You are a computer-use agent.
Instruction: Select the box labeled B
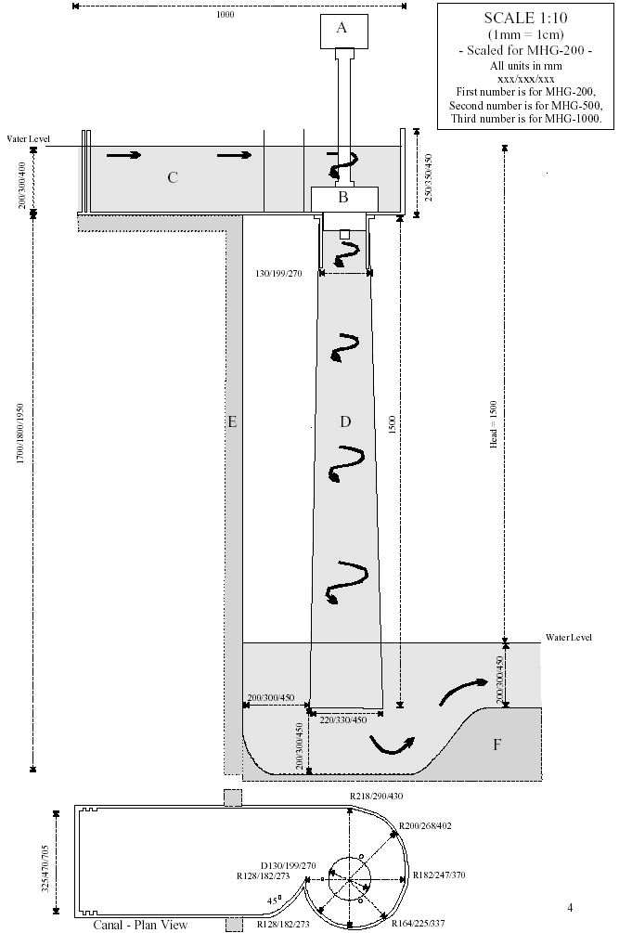tap(345, 199)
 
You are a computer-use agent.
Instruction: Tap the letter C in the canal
tap(173, 177)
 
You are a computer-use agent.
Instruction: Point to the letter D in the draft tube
tap(345, 421)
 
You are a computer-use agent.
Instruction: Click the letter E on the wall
tap(233, 421)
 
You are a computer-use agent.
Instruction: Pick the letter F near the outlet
tap(497, 745)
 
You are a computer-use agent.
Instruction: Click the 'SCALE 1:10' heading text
tap(525, 18)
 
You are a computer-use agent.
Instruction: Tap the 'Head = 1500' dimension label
tap(494, 424)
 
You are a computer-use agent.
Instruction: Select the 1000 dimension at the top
tap(226, 15)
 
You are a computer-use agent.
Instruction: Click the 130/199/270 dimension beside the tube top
tap(279, 274)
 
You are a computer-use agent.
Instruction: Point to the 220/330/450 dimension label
tap(343, 720)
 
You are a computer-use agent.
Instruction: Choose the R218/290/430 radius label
tap(377, 797)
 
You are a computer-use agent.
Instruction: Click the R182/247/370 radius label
tap(439, 875)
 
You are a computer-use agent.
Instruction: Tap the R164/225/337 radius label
tap(418, 924)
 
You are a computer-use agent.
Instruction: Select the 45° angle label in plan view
tap(274, 901)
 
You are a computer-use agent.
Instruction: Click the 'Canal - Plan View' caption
tap(140, 925)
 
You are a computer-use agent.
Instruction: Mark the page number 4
tap(570, 907)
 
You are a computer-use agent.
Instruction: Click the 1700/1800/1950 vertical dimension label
tap(20, 434)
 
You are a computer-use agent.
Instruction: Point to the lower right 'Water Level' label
tap(569, 638)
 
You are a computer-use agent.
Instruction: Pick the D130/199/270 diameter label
tap(289, 866)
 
